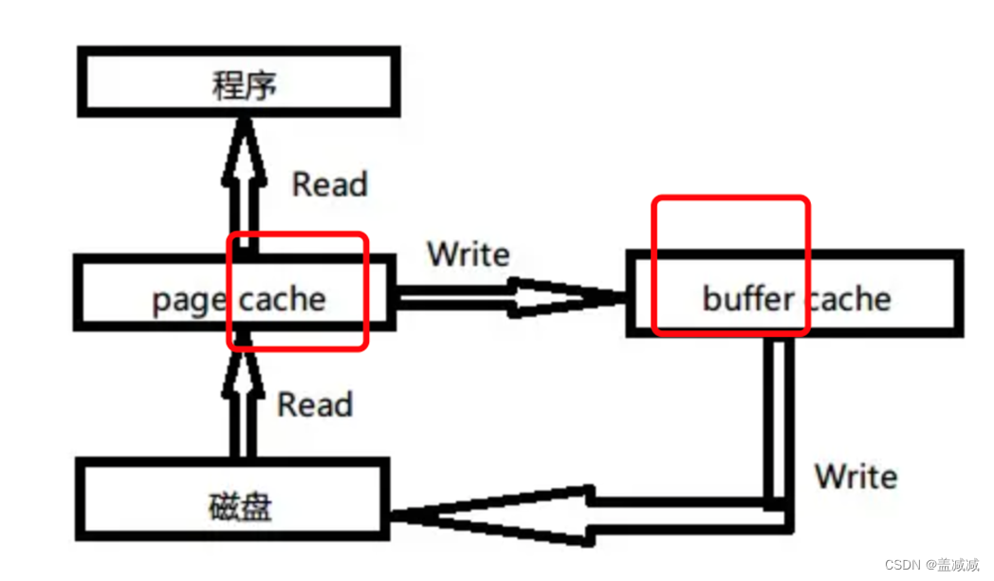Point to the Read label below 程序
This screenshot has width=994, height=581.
pos(328,184)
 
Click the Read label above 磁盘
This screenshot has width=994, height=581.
pos(314,405)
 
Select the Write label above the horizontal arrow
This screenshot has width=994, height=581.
pos(468,254)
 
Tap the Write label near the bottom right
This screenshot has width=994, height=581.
pos(856,476)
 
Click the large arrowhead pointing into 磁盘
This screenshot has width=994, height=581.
pos(493,516)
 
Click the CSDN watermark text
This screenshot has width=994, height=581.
pos(931,565)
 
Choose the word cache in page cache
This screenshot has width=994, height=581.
pos(282,300)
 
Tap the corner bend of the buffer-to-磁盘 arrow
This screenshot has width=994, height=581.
pos(780,513)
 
